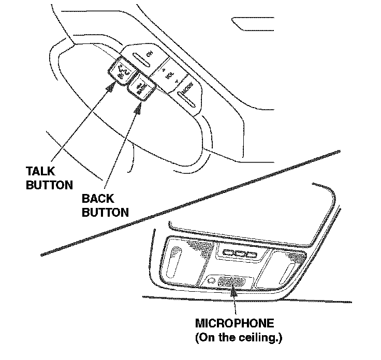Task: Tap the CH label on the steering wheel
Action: [x=150, y=54]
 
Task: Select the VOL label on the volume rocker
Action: [x=168, y=74]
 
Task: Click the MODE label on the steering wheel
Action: [x=187, y=88]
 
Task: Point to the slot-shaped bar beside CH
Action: [x=139, y=59]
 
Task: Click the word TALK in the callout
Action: [x=39, y=170]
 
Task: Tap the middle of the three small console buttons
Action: [x=238, y=254]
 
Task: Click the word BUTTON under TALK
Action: [x=49, y=185]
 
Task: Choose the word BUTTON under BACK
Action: [x=105, y=212]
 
